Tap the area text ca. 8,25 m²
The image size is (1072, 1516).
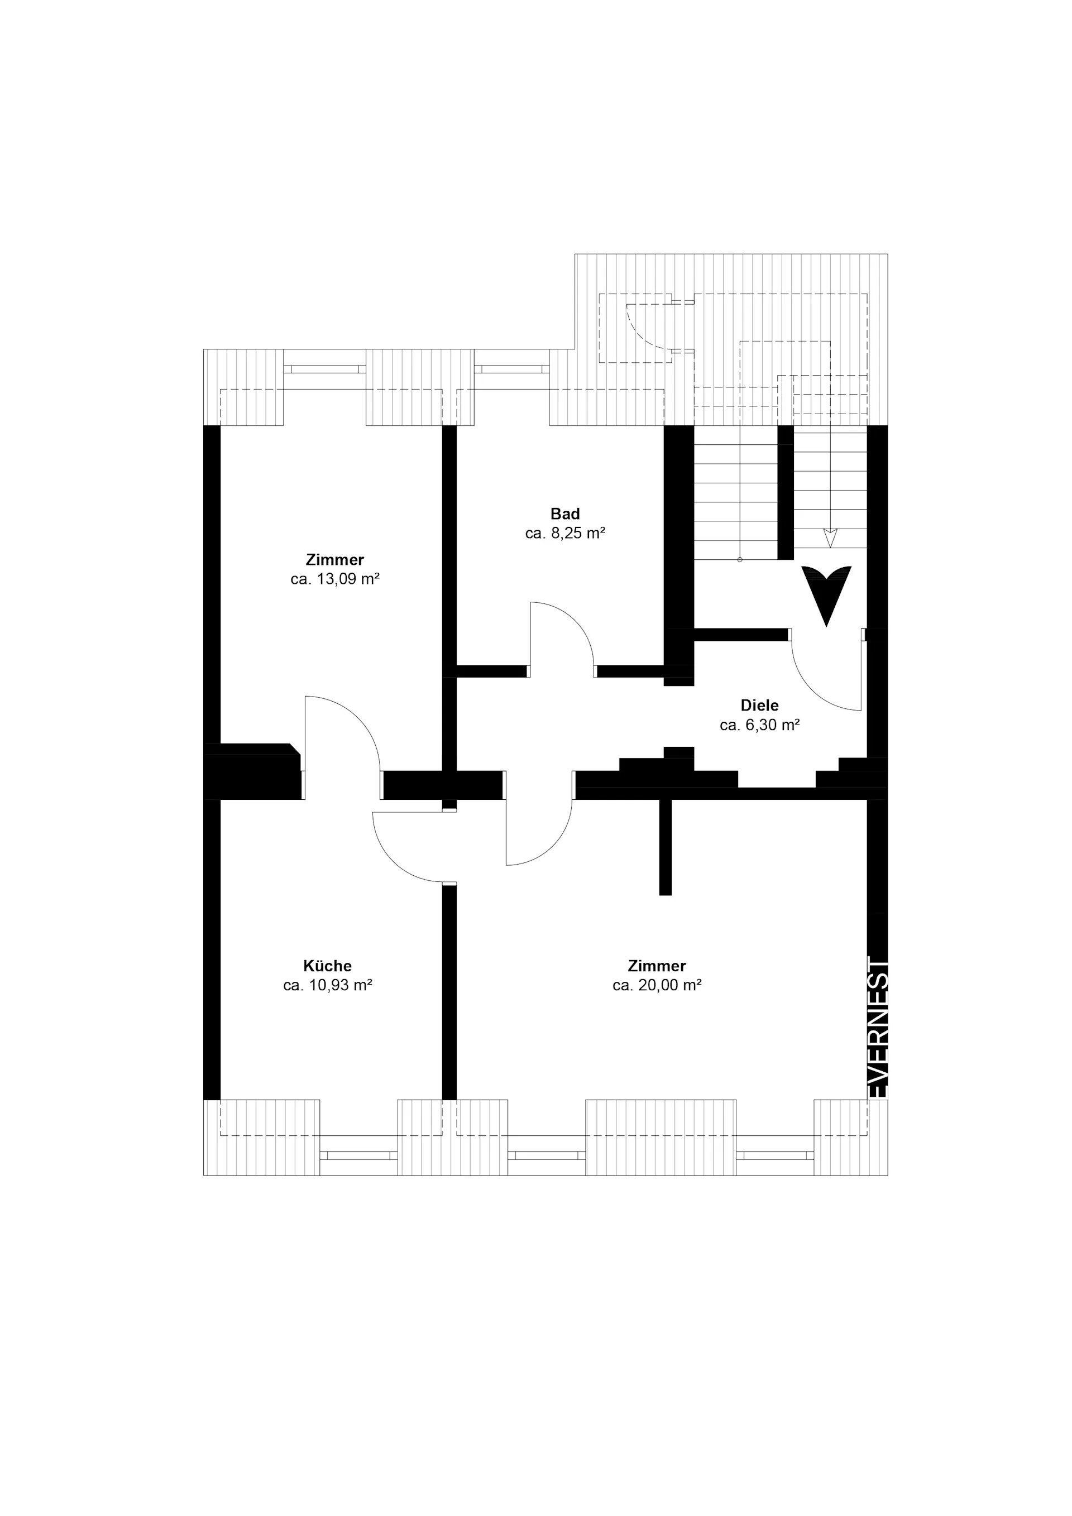(566, 534)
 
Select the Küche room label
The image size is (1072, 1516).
(328, 966)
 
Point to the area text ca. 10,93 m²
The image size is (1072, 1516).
(328, 986)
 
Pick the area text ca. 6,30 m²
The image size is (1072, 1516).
(759, 725)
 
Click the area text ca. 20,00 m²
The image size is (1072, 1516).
(657, 986)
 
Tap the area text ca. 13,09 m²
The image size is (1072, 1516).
(335, 580)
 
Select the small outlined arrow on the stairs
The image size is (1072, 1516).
(831, 538)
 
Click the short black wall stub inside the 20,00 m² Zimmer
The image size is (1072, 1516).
(665, 847)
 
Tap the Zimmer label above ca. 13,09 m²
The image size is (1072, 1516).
(335, 560)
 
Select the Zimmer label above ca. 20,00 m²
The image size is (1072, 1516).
(657, 966)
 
